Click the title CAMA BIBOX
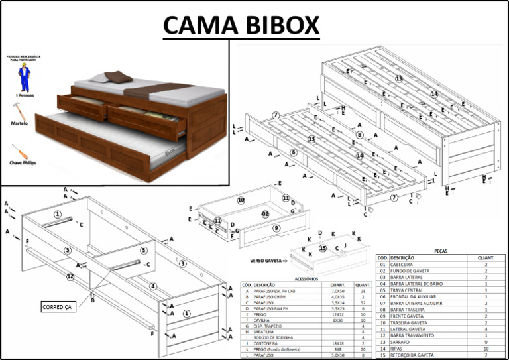[241, 25]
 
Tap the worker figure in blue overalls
[25, 78]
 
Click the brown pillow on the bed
[118, 77]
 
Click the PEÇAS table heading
[439, 251]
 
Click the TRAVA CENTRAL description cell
[407, 290]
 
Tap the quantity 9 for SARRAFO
[486, 342]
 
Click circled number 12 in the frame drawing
[70, 276]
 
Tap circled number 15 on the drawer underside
[323, 249]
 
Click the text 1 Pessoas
[23, 96]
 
